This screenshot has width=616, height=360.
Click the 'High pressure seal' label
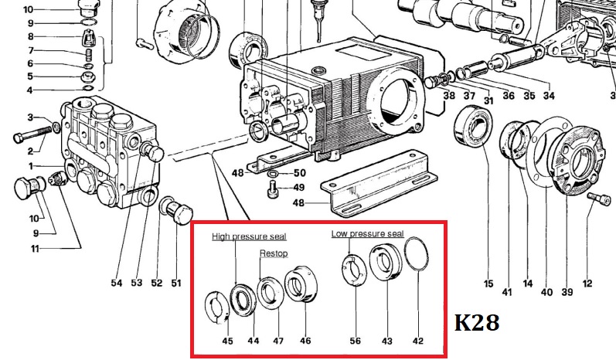tap(249, 236)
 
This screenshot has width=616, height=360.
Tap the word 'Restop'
tap(274, 253)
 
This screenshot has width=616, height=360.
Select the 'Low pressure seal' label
tap(367, 233)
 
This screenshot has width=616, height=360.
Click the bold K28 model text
tap(477, 323)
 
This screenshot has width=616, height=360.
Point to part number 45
tap(227, 341)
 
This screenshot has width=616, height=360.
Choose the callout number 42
tap(418, 341)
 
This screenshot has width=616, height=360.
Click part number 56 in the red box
tap(355, 341)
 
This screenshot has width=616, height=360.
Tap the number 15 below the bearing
tap(488, 283)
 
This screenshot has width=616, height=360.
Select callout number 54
tap(116, 283)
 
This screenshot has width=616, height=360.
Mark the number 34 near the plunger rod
tap(549, 95)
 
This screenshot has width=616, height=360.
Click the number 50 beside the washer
tap(299, 173)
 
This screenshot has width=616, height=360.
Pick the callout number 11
tap(35, 249)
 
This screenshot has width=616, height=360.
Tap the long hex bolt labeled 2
tap(32, 134)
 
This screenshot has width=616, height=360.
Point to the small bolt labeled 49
tap(272, 189)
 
